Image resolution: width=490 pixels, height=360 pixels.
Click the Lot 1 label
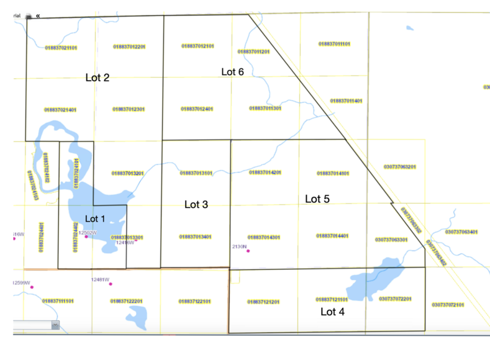point(96,218)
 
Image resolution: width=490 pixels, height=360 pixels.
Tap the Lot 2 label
point(98,78)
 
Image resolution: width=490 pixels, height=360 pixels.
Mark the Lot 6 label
point(233,72)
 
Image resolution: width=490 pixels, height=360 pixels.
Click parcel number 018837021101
point(61,47)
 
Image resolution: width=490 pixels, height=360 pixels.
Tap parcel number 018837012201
point(129,47)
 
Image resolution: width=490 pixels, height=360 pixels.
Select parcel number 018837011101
point(334,44)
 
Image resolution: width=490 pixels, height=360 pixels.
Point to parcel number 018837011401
point(346,101)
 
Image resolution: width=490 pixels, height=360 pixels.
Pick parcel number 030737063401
point(461,232)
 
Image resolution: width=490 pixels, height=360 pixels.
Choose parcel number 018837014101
point(333,173)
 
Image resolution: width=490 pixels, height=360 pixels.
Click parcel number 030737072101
point(448,305)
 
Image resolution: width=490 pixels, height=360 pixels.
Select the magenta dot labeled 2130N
point(248,251)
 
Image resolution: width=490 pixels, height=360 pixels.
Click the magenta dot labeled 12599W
point(32,287)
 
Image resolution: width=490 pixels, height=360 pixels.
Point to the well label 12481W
point(100,280)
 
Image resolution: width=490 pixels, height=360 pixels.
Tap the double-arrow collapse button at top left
point(38,17)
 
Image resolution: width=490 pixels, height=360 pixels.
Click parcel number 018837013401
point(196,236)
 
